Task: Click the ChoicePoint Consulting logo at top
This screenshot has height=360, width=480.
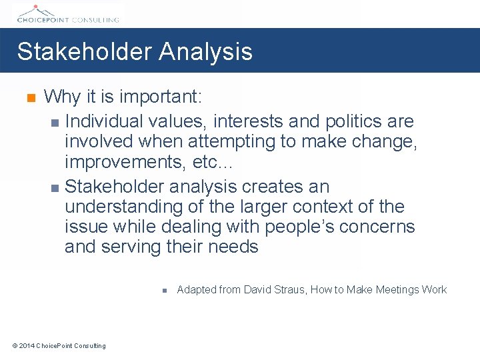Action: (x=67, y=13)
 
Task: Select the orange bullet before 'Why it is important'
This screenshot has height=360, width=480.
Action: (x=29, y=99)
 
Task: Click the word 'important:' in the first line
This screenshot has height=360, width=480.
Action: (x=161, y=97)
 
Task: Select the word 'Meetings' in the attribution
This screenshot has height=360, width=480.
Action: (x=397, y=289)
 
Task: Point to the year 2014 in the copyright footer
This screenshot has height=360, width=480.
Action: (x=27, y=345)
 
